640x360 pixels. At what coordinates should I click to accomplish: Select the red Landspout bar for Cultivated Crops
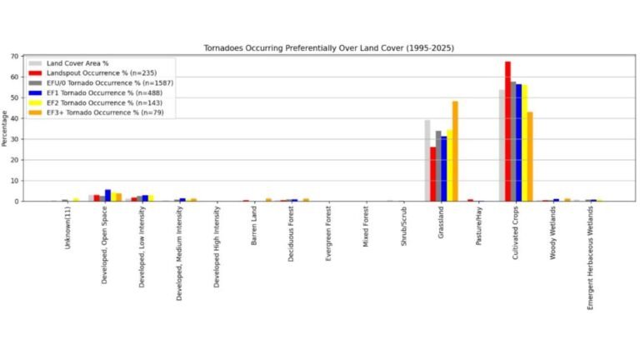507,131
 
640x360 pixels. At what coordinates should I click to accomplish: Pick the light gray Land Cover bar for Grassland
427,160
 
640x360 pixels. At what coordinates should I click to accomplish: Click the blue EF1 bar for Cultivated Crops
518,142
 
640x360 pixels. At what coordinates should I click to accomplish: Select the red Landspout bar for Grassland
433,173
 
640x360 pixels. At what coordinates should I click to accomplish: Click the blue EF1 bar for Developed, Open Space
107,195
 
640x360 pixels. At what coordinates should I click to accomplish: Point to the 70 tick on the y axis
15,57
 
